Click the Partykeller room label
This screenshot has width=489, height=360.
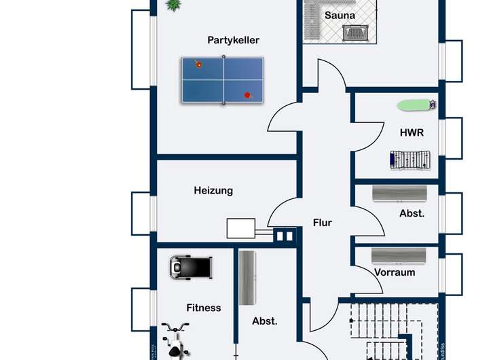click(233, 40)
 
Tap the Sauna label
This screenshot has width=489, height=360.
click(340, 15)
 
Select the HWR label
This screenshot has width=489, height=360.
click(412, 132)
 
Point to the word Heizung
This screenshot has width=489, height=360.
click(213, 190)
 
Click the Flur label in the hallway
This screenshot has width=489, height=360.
click(323, 222)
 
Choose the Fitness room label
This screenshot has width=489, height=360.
click(204, 308)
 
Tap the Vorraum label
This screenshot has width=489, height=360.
click(395, 272)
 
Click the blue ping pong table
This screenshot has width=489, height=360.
click(222, 80)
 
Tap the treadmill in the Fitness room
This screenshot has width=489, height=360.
click(191, 266)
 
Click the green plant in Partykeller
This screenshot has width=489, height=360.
click(175, 5)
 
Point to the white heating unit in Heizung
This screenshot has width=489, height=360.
click(241, 228)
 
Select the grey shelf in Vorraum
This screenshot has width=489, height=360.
click(399, 255)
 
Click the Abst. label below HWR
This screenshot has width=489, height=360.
click(412, 213)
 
